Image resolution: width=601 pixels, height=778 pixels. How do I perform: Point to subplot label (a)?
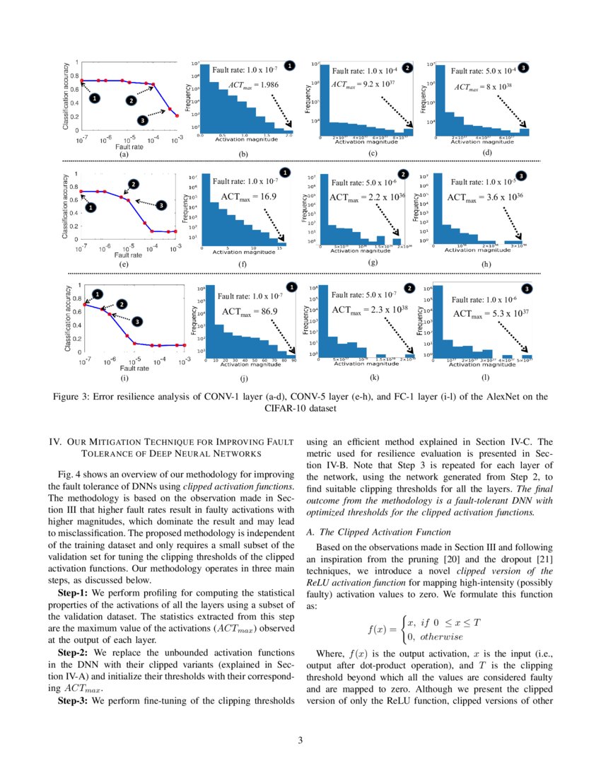124,153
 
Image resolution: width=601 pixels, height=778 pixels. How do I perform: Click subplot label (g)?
373,262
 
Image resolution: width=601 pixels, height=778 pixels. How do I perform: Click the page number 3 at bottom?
300,741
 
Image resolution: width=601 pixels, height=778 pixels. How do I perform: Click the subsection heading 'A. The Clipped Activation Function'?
377,531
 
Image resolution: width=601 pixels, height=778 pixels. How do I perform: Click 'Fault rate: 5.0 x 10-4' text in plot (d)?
484,71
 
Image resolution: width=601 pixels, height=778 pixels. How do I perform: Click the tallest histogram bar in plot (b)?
206,99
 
